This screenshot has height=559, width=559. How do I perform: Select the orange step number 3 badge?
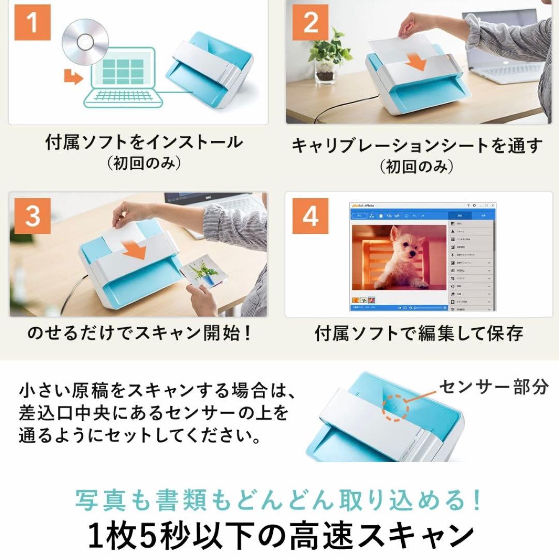click(32, 216)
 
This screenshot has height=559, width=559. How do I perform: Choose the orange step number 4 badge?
click(310, 216)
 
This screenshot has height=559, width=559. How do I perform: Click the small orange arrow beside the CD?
click(73, 78)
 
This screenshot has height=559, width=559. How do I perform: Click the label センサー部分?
click(493, 387)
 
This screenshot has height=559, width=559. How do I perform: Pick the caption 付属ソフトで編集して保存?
click(419, 333)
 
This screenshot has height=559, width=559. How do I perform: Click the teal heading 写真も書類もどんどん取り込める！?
click(279, 500)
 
